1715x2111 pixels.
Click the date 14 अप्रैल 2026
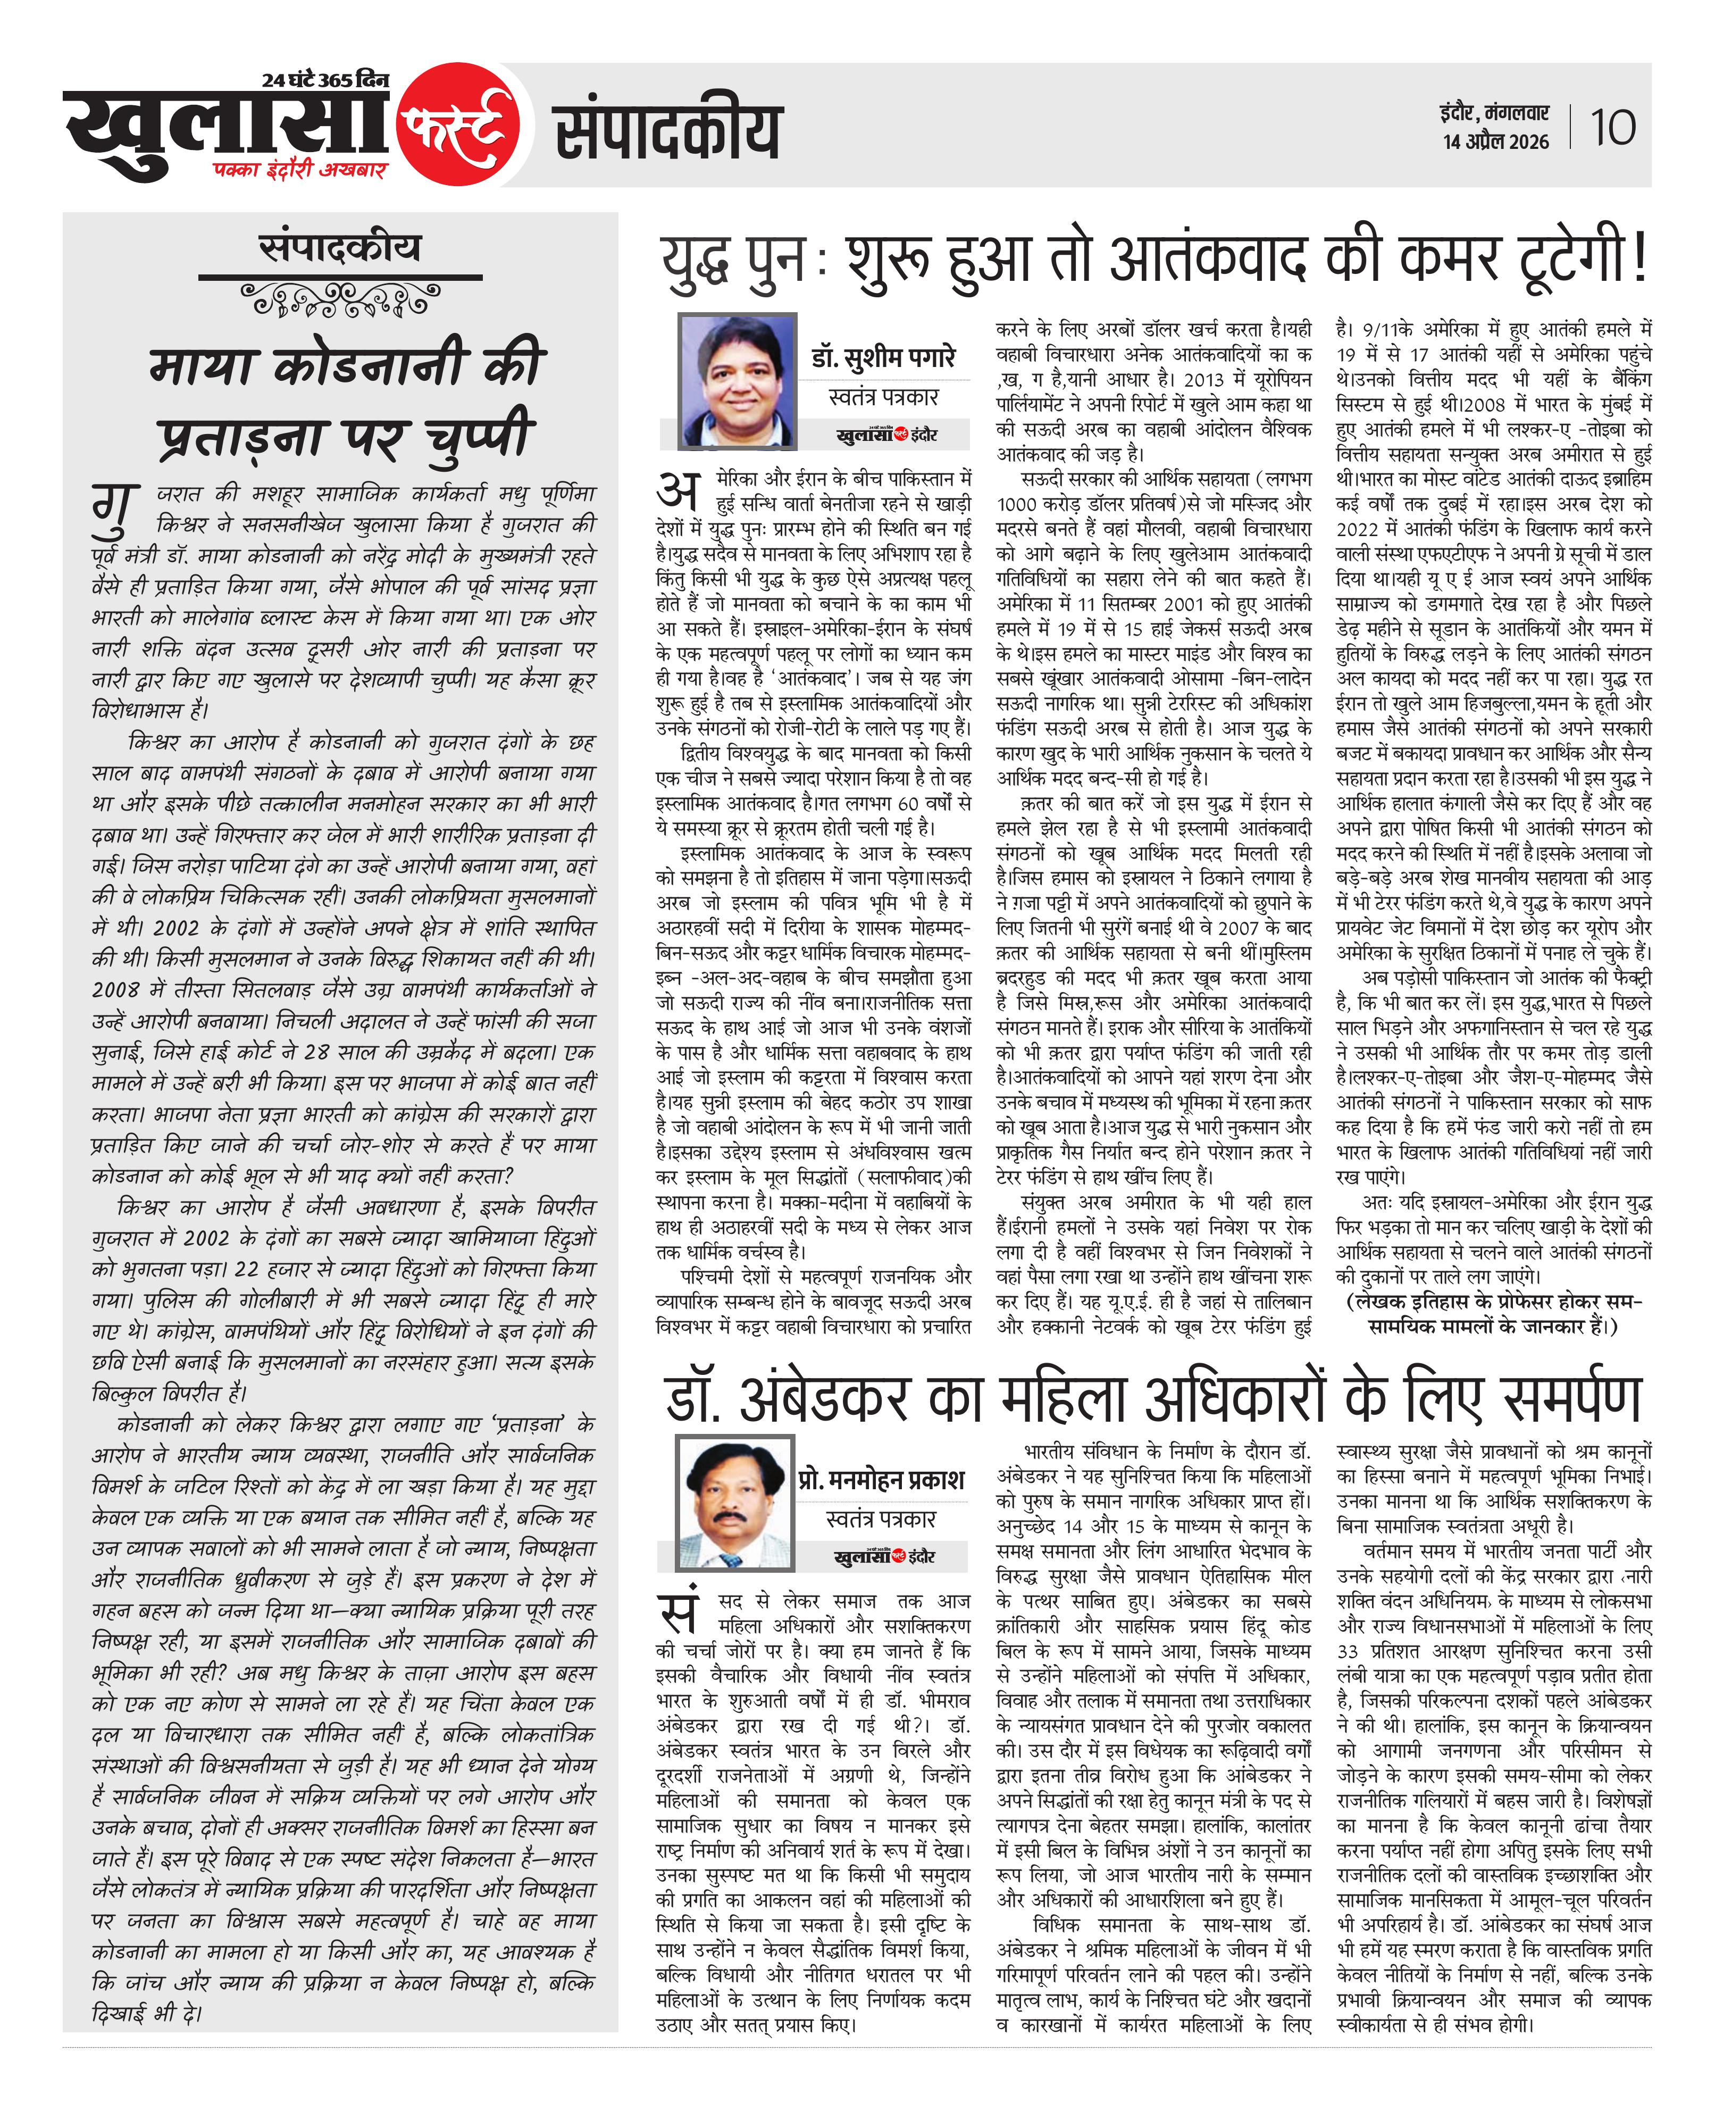tap(1495, 142)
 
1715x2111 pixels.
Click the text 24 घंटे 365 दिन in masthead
tap(326, 80)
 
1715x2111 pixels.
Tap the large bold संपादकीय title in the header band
tap(668, 131)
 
